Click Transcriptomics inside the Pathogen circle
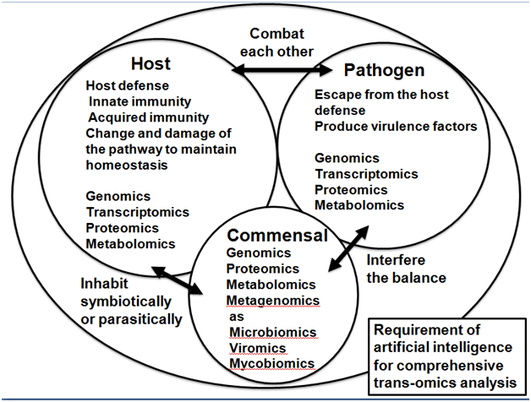point(366,173)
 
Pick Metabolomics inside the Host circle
point(131,244)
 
